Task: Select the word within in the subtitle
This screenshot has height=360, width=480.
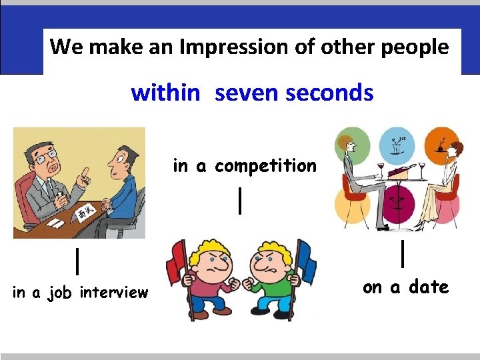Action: (x=165, y=93)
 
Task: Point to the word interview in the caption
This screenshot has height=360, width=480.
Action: (x=113, y=293)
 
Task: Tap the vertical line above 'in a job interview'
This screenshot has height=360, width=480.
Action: (x=79, y=261)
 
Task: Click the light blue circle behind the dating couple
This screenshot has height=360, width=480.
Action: (x=397, y=144)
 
